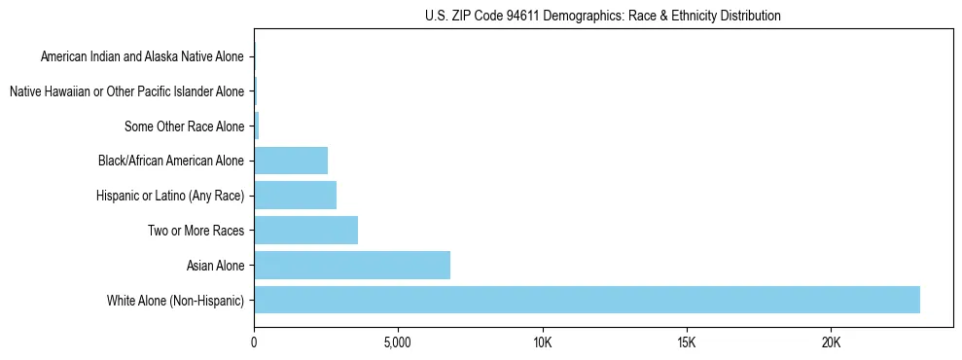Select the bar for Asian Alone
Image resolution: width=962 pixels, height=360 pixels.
coord(352,265)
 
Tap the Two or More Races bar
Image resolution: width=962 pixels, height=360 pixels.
coord(305,230)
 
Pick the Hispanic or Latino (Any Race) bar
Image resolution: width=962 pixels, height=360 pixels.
coord(295,195)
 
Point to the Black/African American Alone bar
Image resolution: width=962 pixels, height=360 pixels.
coord(291,160)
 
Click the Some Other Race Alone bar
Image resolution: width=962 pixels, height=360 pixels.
coord(257,126)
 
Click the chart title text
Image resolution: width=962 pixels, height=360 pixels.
coord(603,16)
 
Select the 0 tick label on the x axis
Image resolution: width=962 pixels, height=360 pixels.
coord(254,342)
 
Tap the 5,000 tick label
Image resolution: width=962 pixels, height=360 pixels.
coord(398,342)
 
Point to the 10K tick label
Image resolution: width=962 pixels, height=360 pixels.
coord(543,342)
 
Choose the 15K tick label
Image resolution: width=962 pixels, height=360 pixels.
coord(687,342)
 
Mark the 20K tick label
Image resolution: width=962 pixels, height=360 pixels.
coord(831,342)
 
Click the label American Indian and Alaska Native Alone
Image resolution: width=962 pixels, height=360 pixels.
coord(142,56)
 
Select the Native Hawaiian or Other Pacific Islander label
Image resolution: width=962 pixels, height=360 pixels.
coord(126,91)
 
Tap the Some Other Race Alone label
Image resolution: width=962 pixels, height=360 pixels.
coord(184,126)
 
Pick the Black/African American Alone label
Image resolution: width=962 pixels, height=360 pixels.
coord(171,161)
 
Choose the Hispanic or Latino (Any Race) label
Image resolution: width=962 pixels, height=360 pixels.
coord(170,196)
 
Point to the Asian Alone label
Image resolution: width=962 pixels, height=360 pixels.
coord(215,266)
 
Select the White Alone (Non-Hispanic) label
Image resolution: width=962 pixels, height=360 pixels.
coord(175,301)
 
